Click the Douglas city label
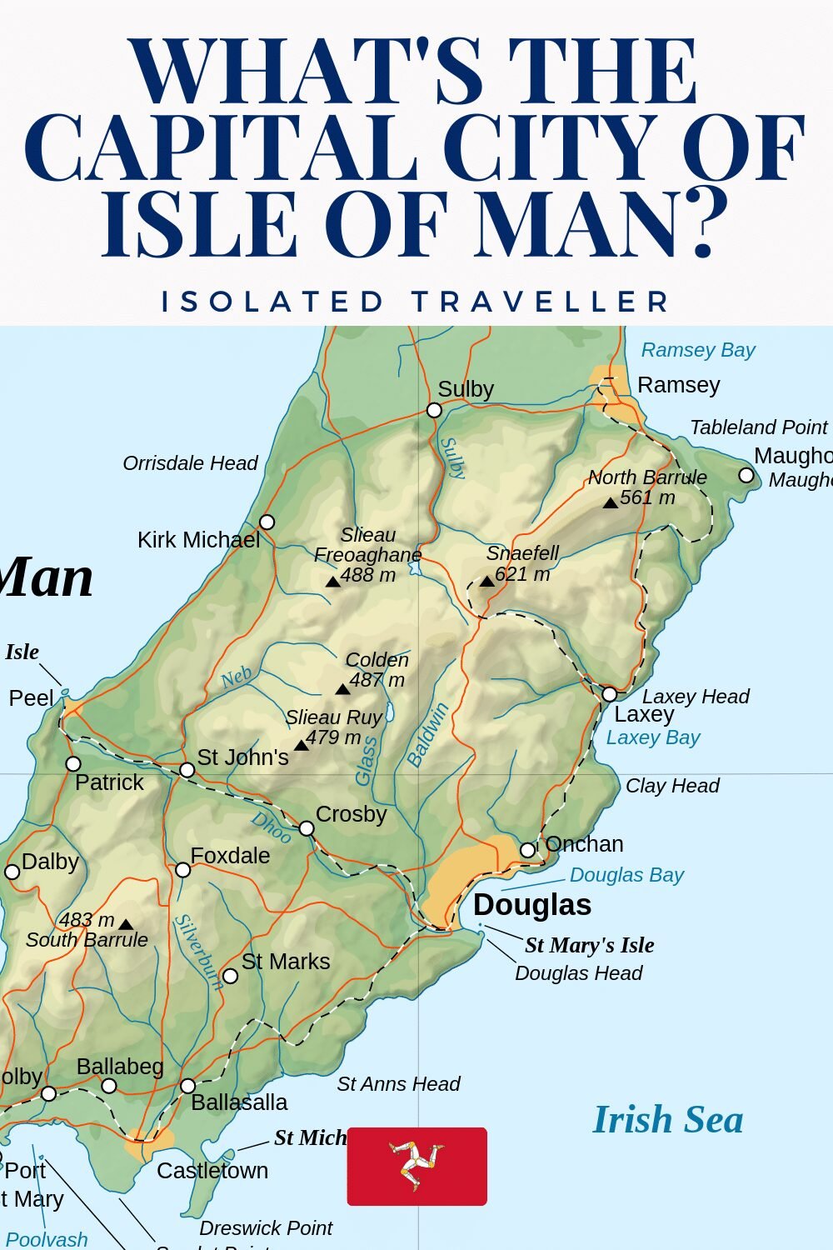tap(532, 905)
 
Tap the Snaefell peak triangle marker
tap(487, 581)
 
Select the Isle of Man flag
tap(416, 1166)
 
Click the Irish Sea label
tap(667, 1119)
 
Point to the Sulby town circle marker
tap(434, 410)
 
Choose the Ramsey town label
tap(678, 385)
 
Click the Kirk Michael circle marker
tap(267, 522)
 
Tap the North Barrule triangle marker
tap(611, 502)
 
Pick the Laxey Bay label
tap(653, 737)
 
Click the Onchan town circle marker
tap(527, 850)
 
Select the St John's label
tap(242, 757)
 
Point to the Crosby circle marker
tap(307, 828)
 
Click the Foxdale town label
tap(230, 856)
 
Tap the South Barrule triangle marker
tap(126, 924)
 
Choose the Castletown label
tap(212, 1171)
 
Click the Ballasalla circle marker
tap(188, 1086)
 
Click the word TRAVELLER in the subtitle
tap(541, 301)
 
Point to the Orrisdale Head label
tap(190, 463)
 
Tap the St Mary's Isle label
tap(589, 945)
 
